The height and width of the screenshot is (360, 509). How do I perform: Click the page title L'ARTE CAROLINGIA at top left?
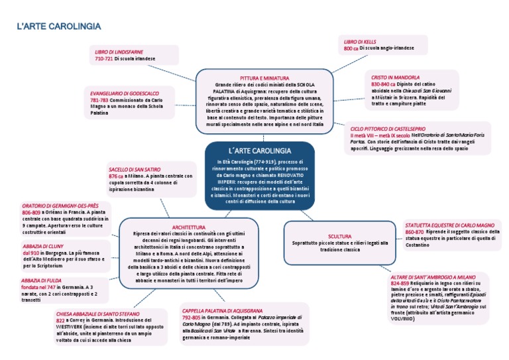click(59, 27)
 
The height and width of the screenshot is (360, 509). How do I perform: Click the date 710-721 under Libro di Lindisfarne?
click(103, 59)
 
